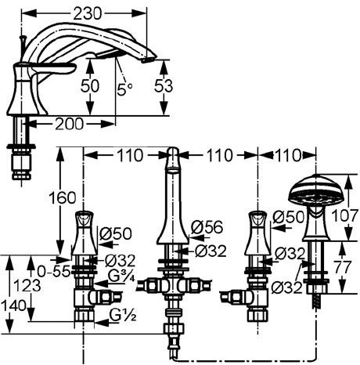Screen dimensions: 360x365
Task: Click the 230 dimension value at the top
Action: point(87,13)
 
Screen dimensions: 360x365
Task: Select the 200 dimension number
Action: point(70,124)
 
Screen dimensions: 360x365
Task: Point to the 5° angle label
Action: point(124,89)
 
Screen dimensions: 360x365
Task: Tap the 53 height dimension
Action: point(164,86)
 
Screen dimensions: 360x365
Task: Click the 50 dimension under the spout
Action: point(90,86)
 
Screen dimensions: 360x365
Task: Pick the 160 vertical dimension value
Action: point(63,197)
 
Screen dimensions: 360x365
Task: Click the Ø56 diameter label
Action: point(207,227)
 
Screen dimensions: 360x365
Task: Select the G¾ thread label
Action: point(121,276)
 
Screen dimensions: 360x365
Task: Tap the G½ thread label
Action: point(123,316)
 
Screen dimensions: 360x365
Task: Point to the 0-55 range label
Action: point(54,271)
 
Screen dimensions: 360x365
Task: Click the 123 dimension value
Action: point(27,285)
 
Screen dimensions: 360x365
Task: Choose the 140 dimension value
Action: point(13,305)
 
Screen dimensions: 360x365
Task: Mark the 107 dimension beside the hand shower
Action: point(344,215)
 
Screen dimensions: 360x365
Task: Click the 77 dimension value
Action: point(343,267)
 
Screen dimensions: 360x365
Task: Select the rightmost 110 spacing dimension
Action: point(287,155)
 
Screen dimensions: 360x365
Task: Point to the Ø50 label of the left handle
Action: point(116,233)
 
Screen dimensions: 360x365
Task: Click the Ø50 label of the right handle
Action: point(289,216)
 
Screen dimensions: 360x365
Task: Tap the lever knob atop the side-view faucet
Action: point(23,39)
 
